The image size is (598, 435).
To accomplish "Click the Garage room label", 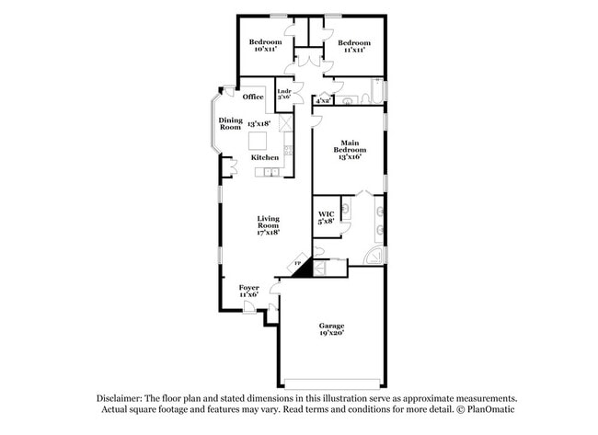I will [331, 326].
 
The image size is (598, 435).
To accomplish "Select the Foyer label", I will [248, 288].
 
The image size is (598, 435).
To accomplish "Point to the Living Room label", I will [268, 222].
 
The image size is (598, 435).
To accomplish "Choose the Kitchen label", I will [266, 157].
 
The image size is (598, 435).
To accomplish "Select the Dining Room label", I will [230, 123].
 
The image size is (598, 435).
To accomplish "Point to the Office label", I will [253, 97].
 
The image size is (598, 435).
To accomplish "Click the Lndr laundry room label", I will [284, 92].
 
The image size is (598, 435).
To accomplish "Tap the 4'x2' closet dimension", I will [323, 101].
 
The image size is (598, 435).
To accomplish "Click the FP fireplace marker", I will [297, 266].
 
